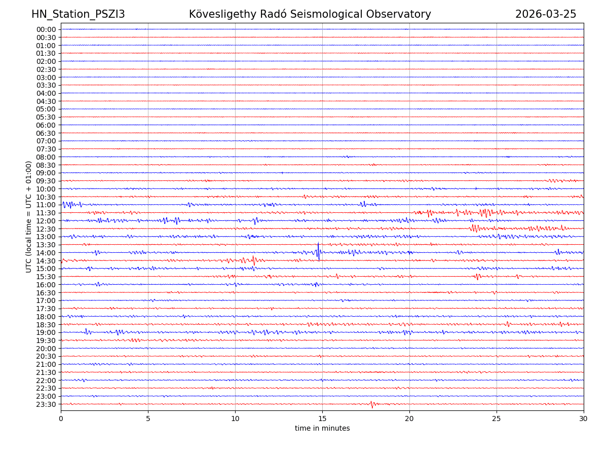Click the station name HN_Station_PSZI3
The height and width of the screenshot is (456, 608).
(78, 14)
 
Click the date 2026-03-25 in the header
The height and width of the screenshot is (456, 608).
(546, 14)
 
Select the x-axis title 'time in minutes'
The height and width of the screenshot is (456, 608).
(322, 428)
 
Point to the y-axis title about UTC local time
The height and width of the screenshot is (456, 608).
(29, 216)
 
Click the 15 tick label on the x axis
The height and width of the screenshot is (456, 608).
(322, 419)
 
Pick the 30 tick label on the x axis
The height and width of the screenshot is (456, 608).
(584, 419)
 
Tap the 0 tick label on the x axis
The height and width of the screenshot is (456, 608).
(61, 419)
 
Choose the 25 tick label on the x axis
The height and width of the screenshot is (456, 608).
(497, 419)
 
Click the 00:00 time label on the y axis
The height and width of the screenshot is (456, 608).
(46, 29)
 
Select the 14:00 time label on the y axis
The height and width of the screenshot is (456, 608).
(46, 253)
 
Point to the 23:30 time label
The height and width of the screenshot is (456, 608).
(46, 404)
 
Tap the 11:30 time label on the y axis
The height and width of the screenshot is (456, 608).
(46, 213)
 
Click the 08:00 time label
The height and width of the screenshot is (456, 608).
(46, 157)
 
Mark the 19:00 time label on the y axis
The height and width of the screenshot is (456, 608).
(46, 332)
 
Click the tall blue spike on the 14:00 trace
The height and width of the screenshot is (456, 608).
(318, 251)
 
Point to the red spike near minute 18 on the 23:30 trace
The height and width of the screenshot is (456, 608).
(372, 404)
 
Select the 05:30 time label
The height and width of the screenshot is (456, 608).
(46, 117)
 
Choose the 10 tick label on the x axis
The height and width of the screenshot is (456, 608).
(235, 419)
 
